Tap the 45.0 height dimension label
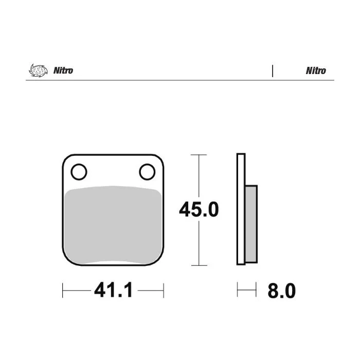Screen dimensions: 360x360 point(199,209)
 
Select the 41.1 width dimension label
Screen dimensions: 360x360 point(114,290)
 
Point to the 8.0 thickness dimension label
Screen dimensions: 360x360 point(282,291)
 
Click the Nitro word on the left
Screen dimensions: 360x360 point(63,70)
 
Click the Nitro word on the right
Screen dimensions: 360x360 point(316,71)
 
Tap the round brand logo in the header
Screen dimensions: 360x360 point(38,70)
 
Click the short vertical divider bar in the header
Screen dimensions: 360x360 point(273,71)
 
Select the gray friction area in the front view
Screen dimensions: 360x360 point(113,225)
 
